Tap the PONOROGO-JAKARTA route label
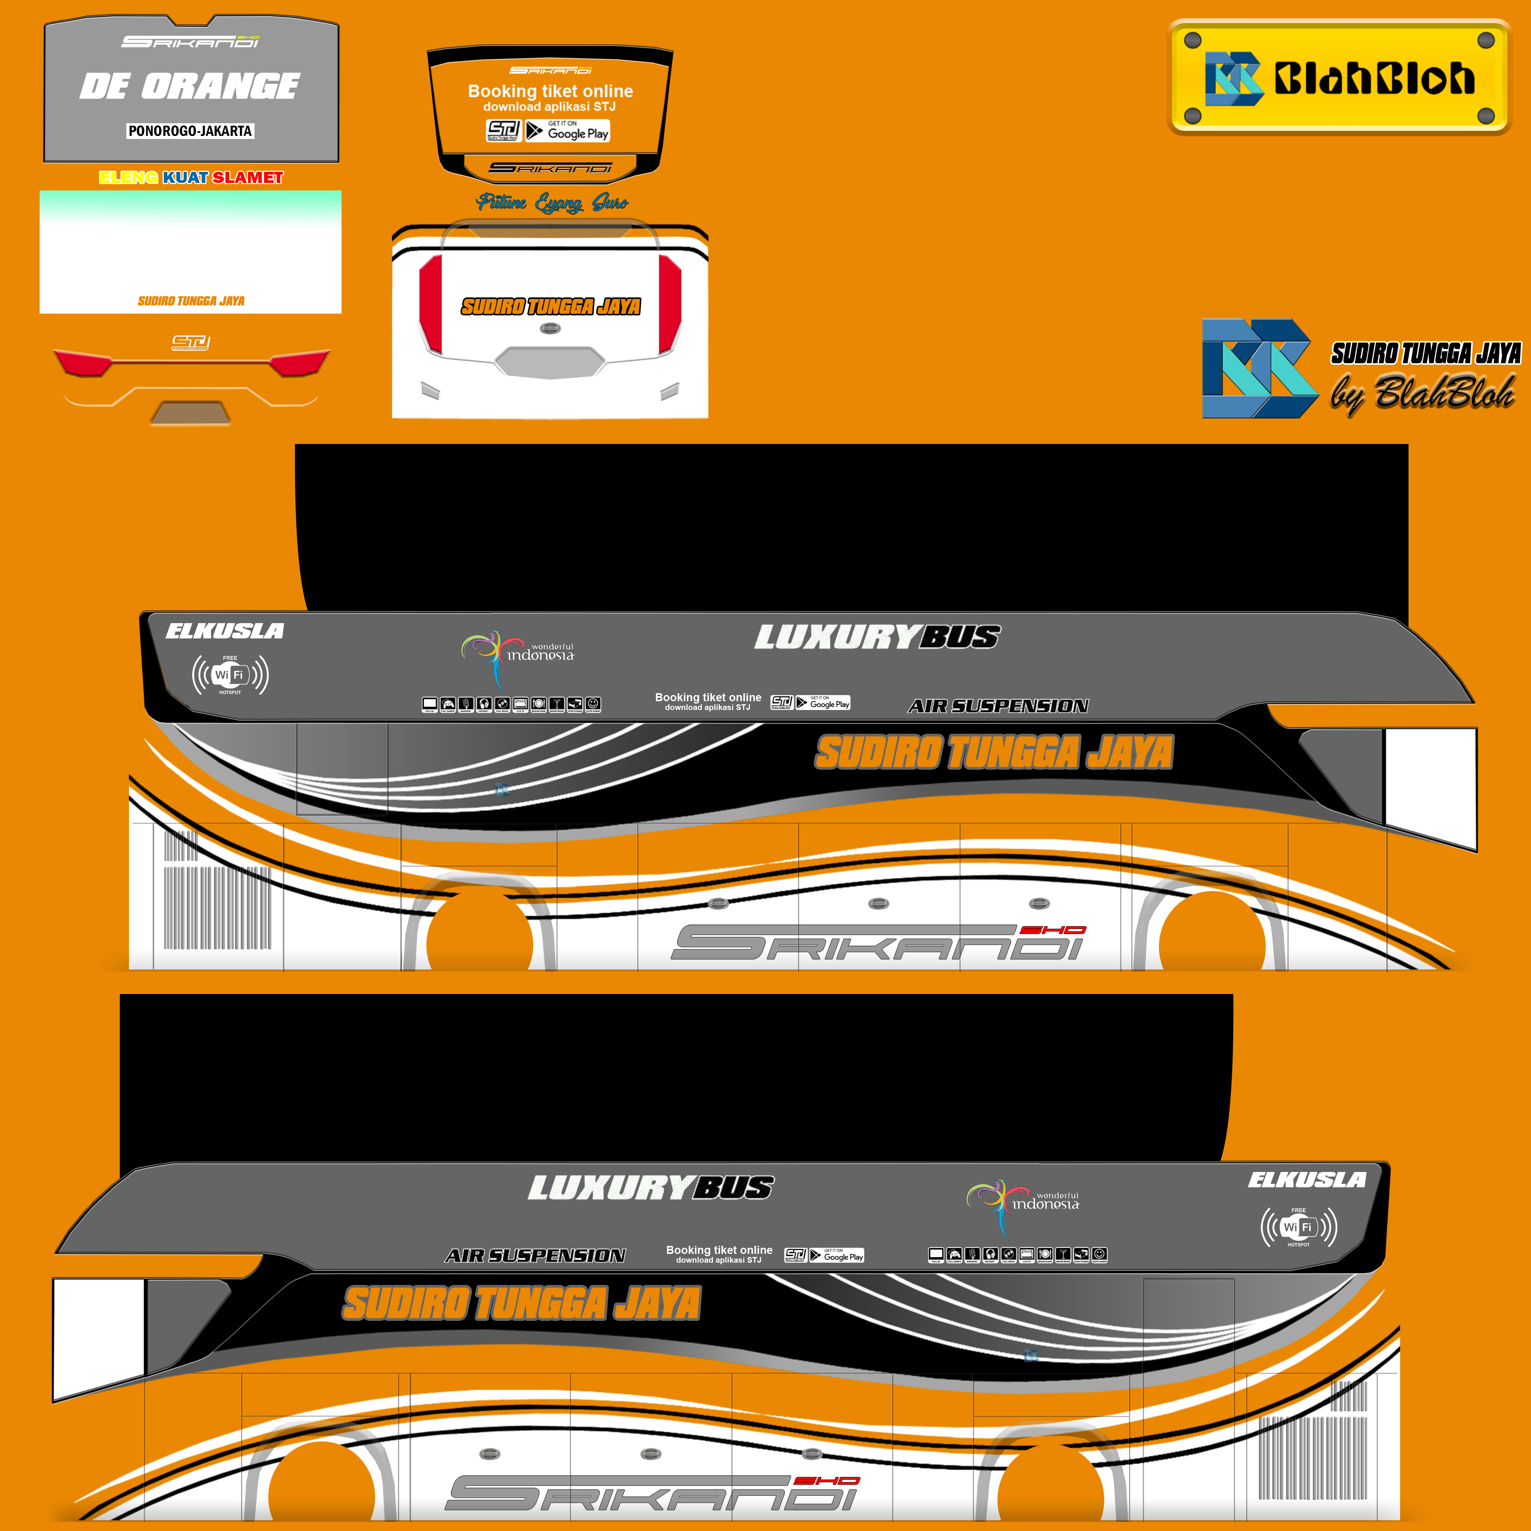(x=190, y=131)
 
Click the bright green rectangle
(x=190, y=209)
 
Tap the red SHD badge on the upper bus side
(x=1053, y=930)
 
